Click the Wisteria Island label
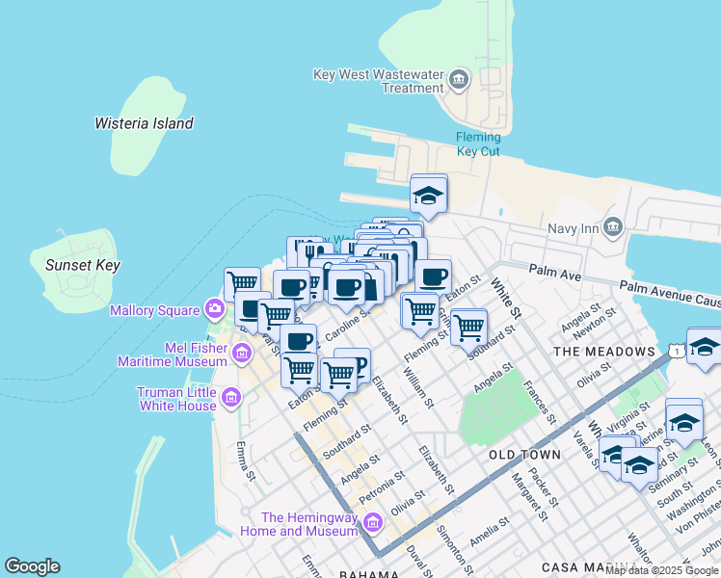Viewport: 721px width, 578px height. [144, 123]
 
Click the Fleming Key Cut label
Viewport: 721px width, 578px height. [478, 144]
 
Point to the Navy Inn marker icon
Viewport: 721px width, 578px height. [614, 226]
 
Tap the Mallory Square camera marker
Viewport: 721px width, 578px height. [215, 309]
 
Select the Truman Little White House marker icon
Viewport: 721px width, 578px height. [231, 397]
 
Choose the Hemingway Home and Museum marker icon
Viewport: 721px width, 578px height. [373, 523]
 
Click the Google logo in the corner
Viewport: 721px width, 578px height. [32, 566]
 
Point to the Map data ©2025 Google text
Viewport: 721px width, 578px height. [662, 570]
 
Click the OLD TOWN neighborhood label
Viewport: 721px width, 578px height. [524, 454]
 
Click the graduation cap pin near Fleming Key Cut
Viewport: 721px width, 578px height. [428, 195]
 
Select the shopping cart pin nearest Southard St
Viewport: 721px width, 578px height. [468, 327]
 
